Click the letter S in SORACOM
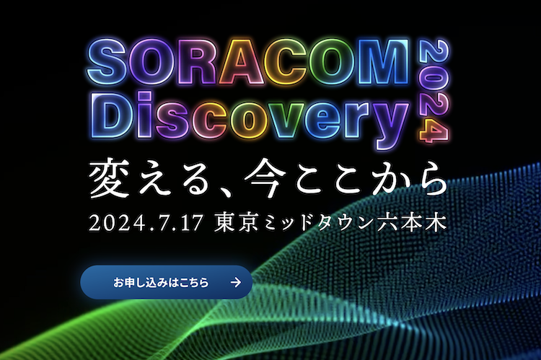106,61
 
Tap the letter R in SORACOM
198,61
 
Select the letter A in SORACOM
241,61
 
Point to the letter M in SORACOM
383,61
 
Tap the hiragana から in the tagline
410,178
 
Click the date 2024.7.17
146,223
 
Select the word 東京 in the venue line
237,223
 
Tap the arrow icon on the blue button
236,282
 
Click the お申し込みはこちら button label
161,282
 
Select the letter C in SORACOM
287,61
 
